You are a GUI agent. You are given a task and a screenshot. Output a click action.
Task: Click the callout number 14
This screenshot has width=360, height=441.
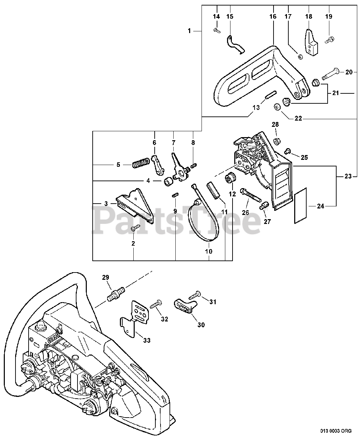216,17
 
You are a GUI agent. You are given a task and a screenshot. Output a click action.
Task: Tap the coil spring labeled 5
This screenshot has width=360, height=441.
141,162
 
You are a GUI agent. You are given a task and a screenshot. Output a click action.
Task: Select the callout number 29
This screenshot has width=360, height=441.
106,277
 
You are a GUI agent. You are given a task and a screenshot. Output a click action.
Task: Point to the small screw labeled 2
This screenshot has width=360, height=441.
135,227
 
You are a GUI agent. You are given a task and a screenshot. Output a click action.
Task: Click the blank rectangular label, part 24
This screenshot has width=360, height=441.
301,206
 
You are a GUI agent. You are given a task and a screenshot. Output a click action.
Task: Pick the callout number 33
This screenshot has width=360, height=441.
147,341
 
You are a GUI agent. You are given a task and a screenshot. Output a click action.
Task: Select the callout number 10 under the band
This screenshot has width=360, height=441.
209,251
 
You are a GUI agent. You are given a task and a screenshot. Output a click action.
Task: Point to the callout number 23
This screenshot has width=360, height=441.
348,177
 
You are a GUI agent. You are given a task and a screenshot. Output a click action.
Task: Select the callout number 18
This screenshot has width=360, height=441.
308,17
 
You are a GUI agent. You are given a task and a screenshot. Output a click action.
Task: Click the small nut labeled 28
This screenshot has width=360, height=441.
276,141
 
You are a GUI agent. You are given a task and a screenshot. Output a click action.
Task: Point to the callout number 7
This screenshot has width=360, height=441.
174,142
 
